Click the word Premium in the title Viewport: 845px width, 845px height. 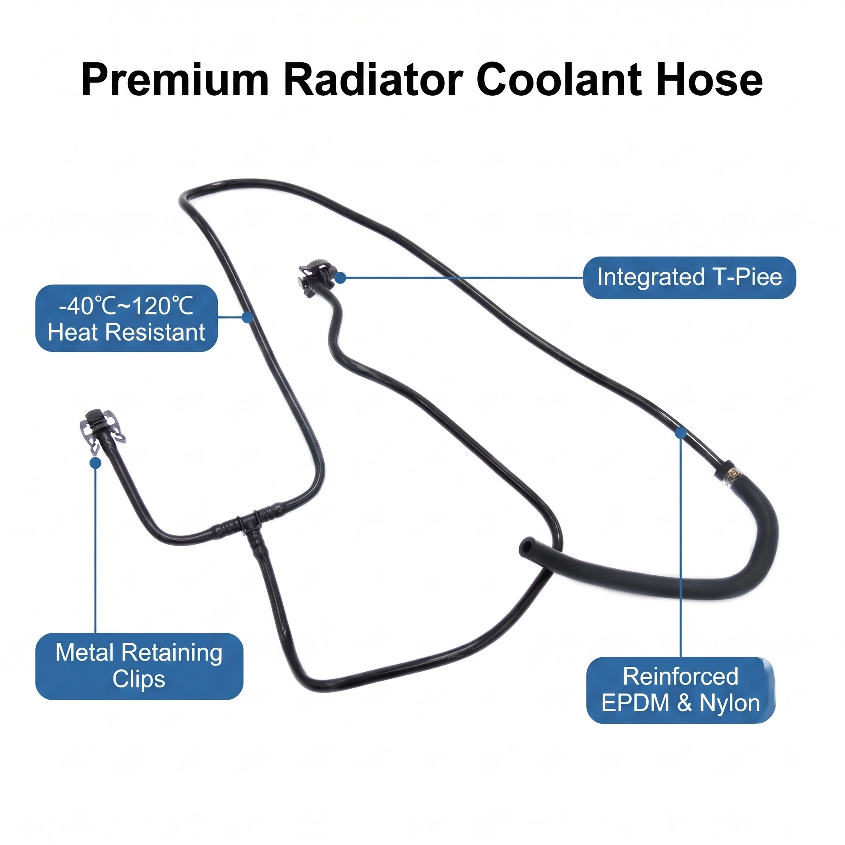[x=175, y=80]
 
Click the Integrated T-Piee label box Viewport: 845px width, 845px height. [x=689, y=278]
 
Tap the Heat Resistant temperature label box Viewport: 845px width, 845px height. [x=126, y=318]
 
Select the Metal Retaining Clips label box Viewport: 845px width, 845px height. [x=139, y=666]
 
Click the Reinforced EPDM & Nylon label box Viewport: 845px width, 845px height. [x=680, y=690]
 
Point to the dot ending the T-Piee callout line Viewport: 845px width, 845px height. [x=340, y=278]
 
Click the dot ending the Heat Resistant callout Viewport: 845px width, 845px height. [x=248, y=317]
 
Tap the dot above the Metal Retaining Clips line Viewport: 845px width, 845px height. [x=95, y=463]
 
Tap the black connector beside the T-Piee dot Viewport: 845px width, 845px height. [x=315, y=276]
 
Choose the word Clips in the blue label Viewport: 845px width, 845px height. [x=139, y=679]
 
